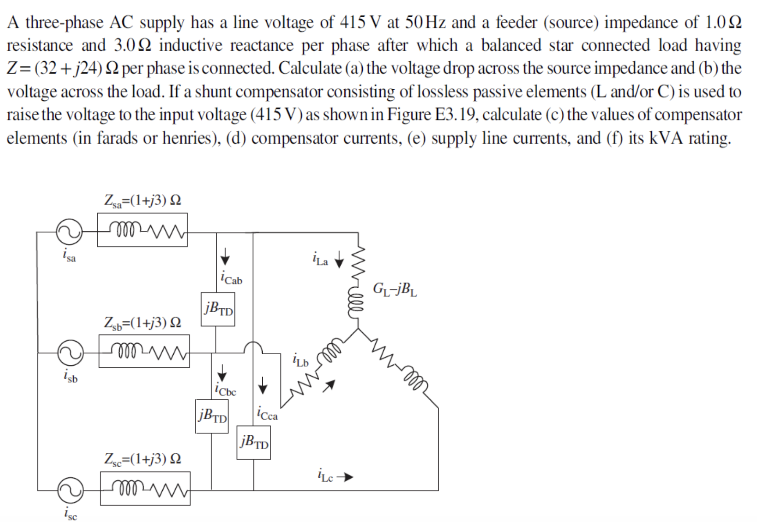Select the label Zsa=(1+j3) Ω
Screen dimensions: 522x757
click(143, 200)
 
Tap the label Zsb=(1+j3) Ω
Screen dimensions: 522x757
click(143, 323)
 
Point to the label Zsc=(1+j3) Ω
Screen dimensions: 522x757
click(143, 459)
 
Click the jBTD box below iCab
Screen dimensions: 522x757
click(218, 310)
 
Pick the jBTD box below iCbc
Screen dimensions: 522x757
click(212, 416)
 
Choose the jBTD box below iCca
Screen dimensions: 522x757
click(254, 443)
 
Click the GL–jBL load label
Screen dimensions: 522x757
click(395, 289)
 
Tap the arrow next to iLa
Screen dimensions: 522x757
click(339, 261)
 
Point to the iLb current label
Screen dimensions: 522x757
click(300, 360)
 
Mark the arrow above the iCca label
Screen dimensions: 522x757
click(262, 385)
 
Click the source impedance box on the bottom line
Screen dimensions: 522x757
click(145, 488)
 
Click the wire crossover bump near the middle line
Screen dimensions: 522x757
click(253, 347)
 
